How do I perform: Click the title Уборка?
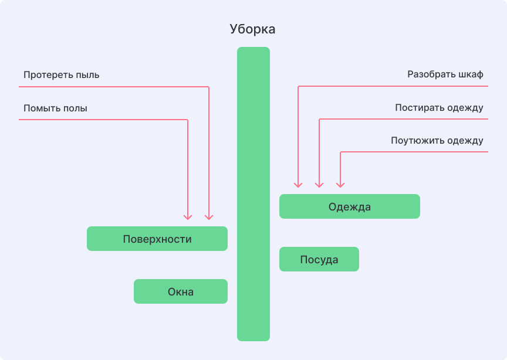pyautogui.click(x=252, y=29)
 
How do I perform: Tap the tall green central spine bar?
pyautogui.click(x=253, y=193)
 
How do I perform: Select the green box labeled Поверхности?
pyautogui.click(x=157, y=239)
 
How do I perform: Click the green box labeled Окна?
pyautogui.click(x=181, y=291)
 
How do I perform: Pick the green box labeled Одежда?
pyautogui.click(x=350, y=206)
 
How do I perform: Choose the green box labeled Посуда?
pyautogui.click(x=319, y=259)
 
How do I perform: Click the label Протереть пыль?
pyautogui.click(x=62, y=75)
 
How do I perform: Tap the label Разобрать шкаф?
pyautogui.click(x=445, y=75)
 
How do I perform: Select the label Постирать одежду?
pyautogui.click(x=439, y=108)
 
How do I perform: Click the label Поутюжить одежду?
pyautogui.click(x=437, y=141)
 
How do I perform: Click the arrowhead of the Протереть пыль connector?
pyautogui.click(x=209, y=216)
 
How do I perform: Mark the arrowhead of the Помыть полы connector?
pyautogui.click(x=188, y=216)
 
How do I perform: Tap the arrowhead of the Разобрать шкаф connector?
pyautogui.click(x=298, y=184)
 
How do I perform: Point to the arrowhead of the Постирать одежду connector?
pyautogui.click(x=319, y=184)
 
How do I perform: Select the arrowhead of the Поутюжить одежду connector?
pyautogui.click(x=340, y=184)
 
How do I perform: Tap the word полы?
pyautogui.click(x=82, y=108)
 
